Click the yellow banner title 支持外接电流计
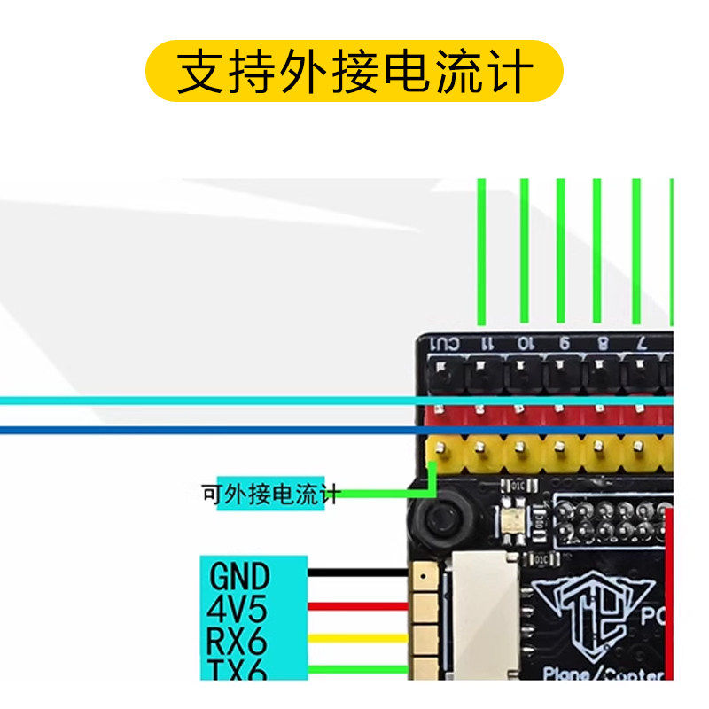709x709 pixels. click(354, 71)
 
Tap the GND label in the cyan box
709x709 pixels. click(239, 577)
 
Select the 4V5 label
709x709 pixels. click(237, 609)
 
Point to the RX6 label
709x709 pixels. click(237, 639)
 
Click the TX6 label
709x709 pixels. click(237, 668)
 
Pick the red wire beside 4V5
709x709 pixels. click(358, 607)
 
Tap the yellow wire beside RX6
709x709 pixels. click(358, 638)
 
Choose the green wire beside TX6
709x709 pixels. click(358, 668)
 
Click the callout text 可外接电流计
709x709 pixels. click(270, 494)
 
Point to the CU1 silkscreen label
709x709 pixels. click(444, 343)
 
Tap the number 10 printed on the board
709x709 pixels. click(525, 343)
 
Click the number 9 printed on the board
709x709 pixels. click(564, 343)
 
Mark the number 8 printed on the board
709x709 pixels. click(603, 343)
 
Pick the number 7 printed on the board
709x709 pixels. click(641, 343)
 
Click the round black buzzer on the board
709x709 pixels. click(440, 519)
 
